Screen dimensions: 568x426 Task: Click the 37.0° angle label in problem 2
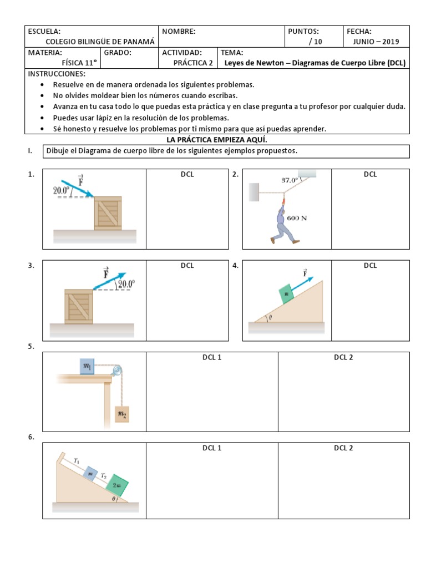click(289, 180)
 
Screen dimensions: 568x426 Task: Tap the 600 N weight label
click(297, 218)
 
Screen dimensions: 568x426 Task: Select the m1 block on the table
click(88, 367)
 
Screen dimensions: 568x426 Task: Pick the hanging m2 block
click(121, 413)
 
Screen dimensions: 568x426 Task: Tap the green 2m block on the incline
click(117, 484)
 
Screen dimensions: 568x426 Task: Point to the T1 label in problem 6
click(77, 460)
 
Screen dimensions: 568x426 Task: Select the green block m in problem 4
click(287, 293)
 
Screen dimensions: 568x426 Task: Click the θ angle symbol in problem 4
click(270, 318)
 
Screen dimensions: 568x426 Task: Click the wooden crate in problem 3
click(78, 306)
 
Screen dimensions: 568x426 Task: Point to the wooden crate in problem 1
click(108, 213)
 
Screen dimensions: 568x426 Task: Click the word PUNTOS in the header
click(303, 32)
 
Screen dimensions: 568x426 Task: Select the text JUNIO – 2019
click(376, 42)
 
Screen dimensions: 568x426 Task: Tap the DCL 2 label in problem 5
click(343, 357)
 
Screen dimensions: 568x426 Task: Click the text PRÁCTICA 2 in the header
click(192, 63)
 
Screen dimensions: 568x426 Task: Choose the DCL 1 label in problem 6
click(211, 448)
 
